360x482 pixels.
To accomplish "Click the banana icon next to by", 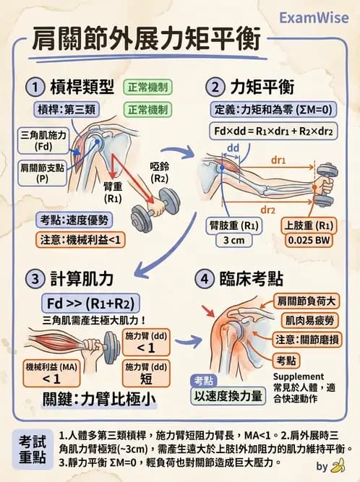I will click(x=337, y=466).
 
